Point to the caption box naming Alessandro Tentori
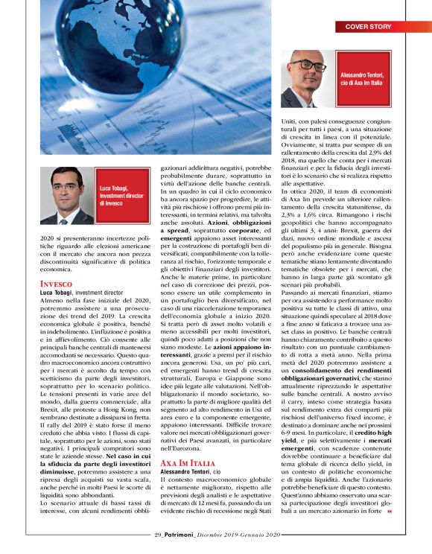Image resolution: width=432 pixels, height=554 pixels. (362, 78)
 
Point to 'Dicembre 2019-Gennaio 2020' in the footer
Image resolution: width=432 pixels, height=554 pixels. (241, 534)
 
